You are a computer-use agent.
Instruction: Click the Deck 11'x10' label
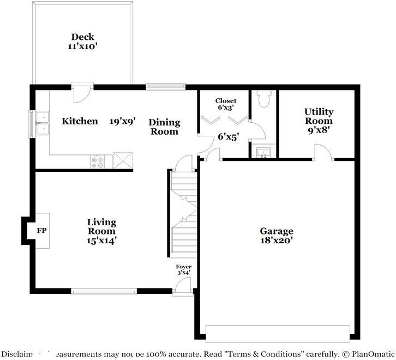coord(82,42)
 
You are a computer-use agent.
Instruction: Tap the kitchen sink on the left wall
coord(41,123)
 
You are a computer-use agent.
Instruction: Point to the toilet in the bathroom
coord(263,99)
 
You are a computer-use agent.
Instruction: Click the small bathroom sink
coord(263,152)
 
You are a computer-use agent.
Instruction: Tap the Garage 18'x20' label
coord(276,236)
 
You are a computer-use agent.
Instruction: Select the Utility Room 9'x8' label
coord(319,121)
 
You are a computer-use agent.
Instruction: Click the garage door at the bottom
coord(278,333)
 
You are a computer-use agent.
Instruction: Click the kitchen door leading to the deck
coord(80,93)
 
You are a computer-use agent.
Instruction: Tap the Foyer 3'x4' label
coord(183,269)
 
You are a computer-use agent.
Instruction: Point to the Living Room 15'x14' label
coord(101,231)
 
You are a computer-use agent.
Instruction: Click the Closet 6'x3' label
coord(225,104)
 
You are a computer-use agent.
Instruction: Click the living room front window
coord(104,291)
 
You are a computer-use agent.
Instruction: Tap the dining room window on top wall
coord(165,86)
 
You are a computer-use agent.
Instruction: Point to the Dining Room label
coord(164,127)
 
